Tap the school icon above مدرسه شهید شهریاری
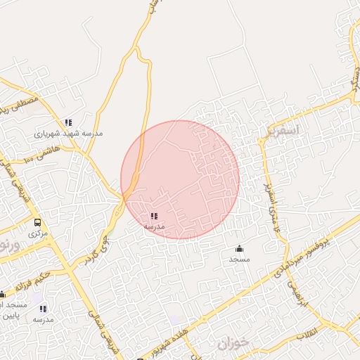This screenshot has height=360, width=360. pos(68,122)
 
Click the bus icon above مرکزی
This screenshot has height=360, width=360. pos(37,222)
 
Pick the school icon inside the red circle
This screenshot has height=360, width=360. pos(154,216)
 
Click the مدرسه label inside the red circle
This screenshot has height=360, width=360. pos(154,226)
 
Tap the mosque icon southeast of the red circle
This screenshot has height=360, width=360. pos(239,248)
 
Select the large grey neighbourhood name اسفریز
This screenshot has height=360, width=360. pos(283,131)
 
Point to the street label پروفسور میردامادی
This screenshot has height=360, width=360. pos(309,253)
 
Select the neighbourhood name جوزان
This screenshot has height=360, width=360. pos(233,344)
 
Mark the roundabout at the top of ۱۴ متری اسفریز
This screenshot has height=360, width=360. pos(261,141)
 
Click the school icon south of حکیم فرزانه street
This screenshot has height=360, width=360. pos(44,309)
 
